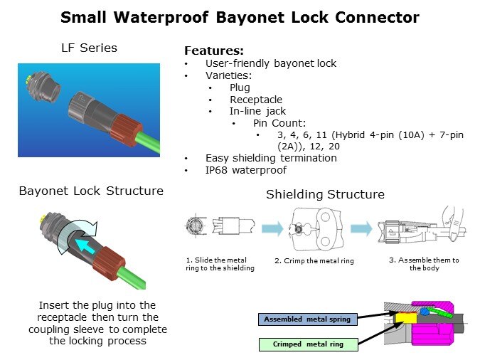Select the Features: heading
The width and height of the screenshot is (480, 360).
[214, 51]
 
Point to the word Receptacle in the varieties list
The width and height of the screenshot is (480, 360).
[255, 100]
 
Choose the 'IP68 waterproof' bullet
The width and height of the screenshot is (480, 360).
[245, 170]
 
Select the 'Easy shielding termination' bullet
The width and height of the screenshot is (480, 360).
[270, 158]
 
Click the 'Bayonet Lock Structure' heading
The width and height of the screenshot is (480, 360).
[91, 191]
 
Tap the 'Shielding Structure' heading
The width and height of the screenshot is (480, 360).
[325, 194]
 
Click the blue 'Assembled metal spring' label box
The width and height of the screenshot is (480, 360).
[306, 319]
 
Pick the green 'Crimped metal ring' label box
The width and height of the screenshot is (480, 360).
[306, 344]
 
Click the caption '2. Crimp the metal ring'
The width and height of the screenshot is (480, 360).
[314, 261]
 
